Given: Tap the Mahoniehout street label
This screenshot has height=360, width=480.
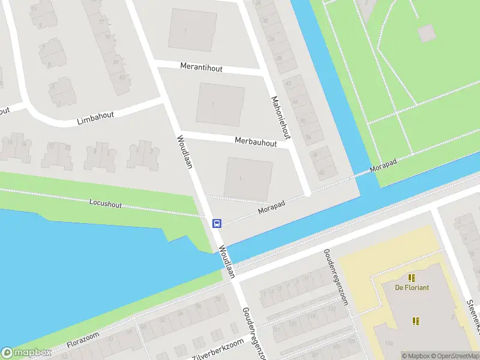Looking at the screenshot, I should click(280, 118).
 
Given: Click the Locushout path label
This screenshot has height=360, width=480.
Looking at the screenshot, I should click(106, 205).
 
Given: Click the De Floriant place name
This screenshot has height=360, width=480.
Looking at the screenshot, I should click(412, 287).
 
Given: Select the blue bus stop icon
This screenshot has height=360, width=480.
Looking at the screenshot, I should click(217, 223).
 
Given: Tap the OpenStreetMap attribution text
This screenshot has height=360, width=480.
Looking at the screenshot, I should click(453, 356).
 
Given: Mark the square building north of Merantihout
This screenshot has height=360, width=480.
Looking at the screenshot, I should click(192, 30).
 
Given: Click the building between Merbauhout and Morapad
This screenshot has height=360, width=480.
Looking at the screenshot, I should click(248, 179).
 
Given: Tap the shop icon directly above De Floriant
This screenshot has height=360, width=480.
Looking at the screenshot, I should click(412, 277).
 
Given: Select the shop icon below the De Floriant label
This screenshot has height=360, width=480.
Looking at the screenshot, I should click(416, 321).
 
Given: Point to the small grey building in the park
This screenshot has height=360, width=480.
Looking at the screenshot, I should click(427, 32).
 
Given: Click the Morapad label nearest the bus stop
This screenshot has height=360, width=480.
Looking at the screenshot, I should click(271, 208).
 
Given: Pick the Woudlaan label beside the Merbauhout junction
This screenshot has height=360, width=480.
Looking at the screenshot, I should click(184, 152).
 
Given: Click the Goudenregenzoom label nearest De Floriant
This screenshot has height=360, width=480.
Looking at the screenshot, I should click(335, 277).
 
